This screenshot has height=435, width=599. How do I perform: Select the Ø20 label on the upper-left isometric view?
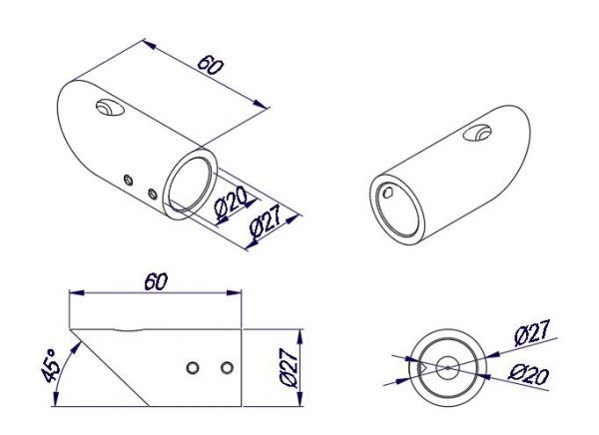coord(231,204)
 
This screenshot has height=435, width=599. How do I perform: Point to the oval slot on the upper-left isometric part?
coord(106,110)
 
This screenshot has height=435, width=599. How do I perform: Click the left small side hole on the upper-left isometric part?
coord(128,179)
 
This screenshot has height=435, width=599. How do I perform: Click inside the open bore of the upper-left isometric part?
coord(190,180)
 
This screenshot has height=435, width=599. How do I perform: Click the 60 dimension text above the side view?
coord(154,282)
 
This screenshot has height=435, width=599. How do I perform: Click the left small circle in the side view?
coord(193,368)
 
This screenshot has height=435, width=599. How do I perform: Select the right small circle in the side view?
coord(228,368)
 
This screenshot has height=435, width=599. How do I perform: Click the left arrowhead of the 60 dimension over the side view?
coord(72,293)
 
